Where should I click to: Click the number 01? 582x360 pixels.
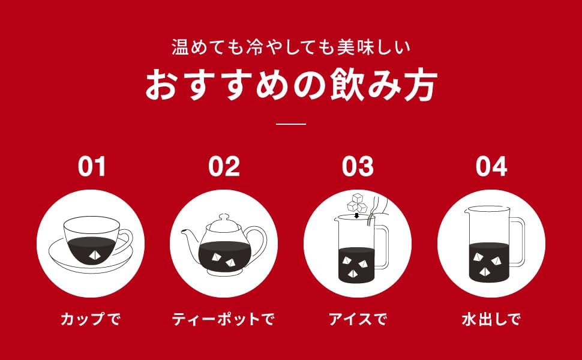pos(92,167)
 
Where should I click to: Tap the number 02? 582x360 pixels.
pos(224,167)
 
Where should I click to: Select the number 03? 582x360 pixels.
pos(358,167)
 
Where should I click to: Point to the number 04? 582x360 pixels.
pos(491,167)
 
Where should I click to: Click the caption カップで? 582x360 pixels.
pos(91,319)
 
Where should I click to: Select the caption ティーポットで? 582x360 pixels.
pos(223,319)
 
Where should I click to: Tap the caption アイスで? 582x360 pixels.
pos(358,319)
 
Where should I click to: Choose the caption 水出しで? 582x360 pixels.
pos(491,319)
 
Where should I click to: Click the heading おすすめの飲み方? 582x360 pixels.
pos(291,86)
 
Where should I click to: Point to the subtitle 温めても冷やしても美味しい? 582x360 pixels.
pos(291,47)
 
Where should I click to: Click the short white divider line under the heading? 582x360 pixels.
pos(291,124)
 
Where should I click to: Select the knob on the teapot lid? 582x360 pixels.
pos(223,217)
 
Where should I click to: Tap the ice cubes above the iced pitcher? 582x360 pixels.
pos(356,203)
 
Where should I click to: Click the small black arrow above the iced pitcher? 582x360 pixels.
pos(356,215)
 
